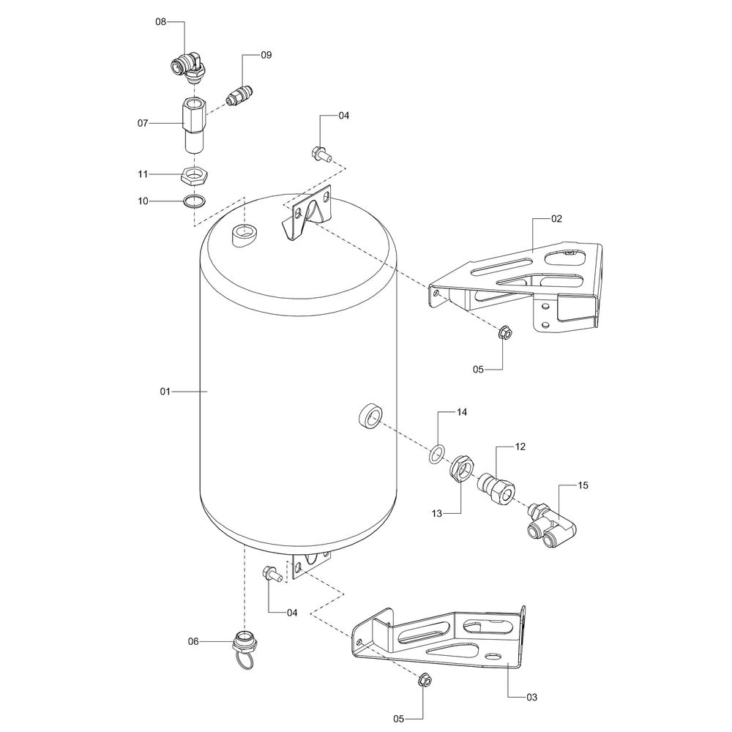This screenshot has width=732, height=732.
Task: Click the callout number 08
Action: pyautogui.click(x=160, y=22)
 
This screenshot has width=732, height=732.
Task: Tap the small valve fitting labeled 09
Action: pyautogui.click(x=239, y=94)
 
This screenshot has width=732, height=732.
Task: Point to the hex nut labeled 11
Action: pyautogui.click(x=194, y=175)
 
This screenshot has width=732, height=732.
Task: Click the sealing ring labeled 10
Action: pyautogui.click(x=194, y=201)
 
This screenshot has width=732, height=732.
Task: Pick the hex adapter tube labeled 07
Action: pyautogui.click(x=193, y=124)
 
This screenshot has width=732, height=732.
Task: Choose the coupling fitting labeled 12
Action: pyautogui.click(x=496, y=488)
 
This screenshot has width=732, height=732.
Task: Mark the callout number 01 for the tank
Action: pyautogui.click(x=165, y=392)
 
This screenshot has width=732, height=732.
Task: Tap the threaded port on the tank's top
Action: pyautogui.click(x=244, y=234)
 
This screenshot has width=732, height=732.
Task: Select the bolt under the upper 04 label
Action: pyautogui.click(x=321, y=154)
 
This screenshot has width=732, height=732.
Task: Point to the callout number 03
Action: pyautogui.click(x=531, y=698)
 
